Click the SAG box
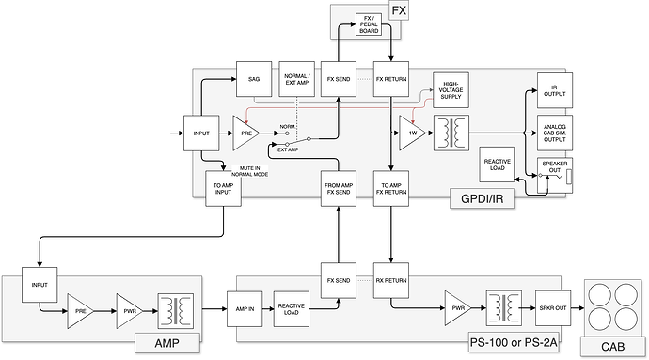(254, 79)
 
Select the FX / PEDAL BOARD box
(368, 24)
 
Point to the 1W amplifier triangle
(409, 133)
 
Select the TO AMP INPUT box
(223, 188)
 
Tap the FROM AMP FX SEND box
(338, 188)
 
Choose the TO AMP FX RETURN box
(389, 188)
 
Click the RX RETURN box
(389, 279)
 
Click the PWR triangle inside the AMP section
(129, 306)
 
